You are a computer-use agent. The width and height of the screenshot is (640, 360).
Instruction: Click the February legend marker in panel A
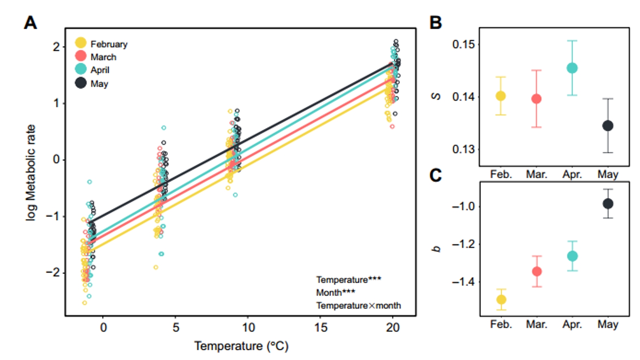click(x=81, y=43)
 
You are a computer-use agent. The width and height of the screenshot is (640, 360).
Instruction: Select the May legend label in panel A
click(x=99, y=84)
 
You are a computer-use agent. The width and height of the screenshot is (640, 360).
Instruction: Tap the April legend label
click(x=100, y=70)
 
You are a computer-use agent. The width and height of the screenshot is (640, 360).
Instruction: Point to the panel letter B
click(x=436, y=23)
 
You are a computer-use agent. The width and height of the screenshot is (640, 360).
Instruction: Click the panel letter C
click(x=436, y=175)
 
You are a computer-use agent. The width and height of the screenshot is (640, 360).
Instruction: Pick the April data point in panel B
click(x=572, y=68)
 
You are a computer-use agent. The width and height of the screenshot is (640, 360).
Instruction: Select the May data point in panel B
click(x=608, y=126)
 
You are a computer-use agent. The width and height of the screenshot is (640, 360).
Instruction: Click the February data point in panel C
click(x=501, y=300)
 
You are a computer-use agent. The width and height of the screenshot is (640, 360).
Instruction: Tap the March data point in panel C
click(x=537, y=271)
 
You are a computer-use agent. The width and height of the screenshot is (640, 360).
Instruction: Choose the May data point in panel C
click(x=608, y=204)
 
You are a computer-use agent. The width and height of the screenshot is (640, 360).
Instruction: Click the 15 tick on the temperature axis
click(x=321, y=327)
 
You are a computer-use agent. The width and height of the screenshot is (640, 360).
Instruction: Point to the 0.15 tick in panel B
click(x=464, y=44)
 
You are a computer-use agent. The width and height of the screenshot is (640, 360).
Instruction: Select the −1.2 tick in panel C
click(x=464, y=244)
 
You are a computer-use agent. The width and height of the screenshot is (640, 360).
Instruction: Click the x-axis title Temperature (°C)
click(x=241, y=346)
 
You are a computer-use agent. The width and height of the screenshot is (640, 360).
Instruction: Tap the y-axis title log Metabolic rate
click(x=31, y=173)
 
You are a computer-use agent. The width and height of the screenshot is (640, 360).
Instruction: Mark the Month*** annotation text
click(x=336, y=292)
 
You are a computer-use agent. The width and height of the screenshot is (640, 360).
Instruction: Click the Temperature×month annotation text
click(x=358, y=305)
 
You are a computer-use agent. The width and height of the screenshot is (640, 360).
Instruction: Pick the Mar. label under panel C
click(x=537, y=324)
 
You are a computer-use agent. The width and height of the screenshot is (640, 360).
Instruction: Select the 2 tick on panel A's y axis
click(x=56, y=47)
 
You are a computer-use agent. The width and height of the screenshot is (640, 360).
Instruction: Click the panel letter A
click(x=30, y=23)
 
